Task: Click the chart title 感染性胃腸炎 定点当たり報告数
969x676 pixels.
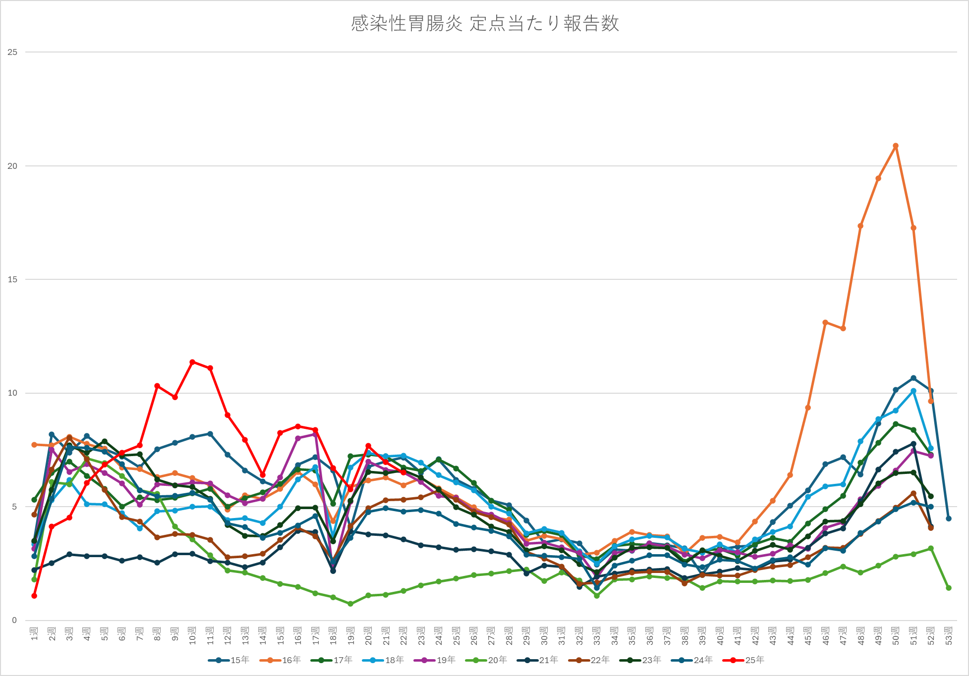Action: [x=485, y=24]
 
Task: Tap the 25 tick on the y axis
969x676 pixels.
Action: [x=12, y=52]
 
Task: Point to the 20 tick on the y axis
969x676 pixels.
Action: [x=12, y=166]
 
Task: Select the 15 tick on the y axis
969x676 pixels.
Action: [x=12, y=279]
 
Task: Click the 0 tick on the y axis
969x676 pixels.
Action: [x=14, y=620]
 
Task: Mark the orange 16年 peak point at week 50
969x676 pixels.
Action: [x=896, y=146]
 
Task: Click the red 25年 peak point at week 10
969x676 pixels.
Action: [x=192, y=362]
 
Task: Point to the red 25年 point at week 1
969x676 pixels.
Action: [x=34, y=596]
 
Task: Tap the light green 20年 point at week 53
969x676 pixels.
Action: [x=949, y=588]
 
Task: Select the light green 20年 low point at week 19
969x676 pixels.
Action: [x=350, y=604]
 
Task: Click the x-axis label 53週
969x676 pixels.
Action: [x=949, y=636]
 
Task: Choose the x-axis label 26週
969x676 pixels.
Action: [x=474, y=636]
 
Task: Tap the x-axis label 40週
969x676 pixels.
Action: [x=720, y=636]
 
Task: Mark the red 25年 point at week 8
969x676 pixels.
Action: [x=157, y=386]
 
